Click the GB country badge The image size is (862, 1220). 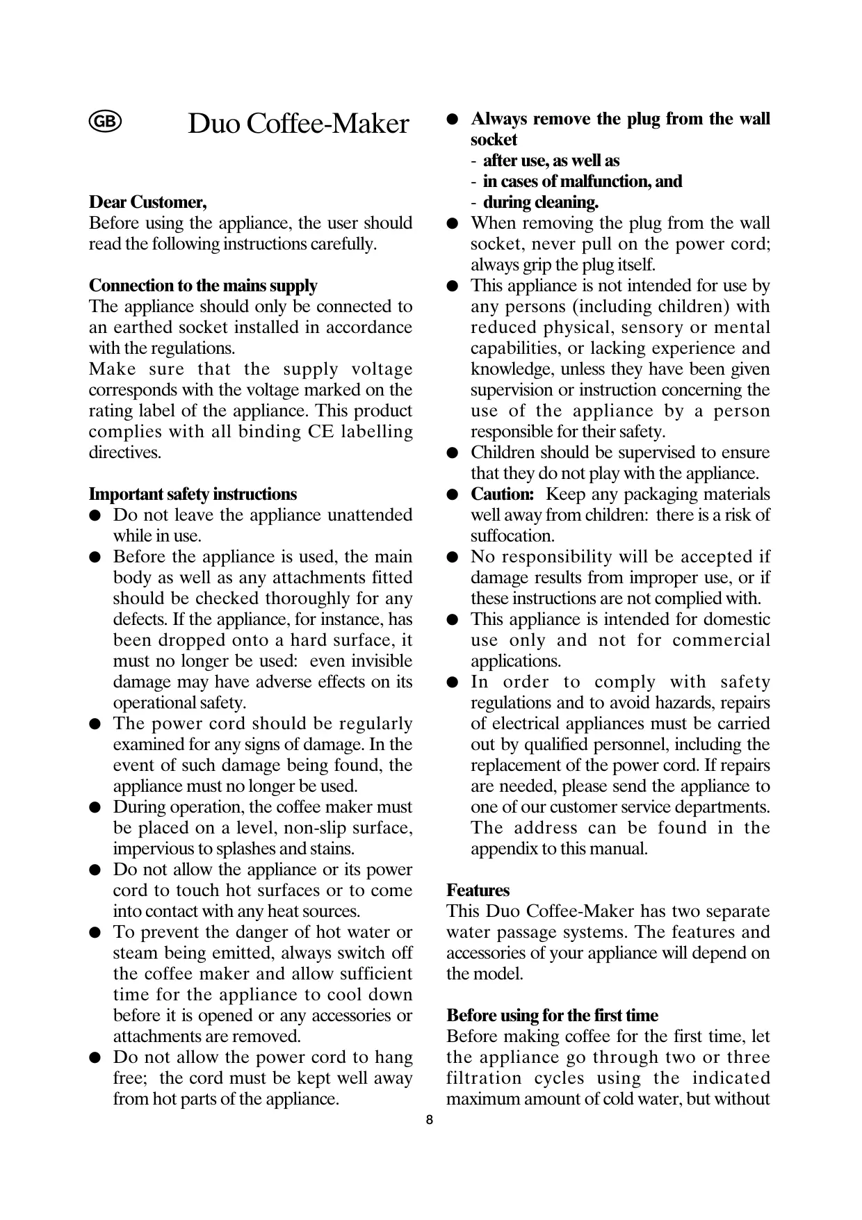pos(105,122)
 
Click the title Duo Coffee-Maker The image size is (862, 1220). pos(298,124)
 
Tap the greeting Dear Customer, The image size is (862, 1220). pos(147,202)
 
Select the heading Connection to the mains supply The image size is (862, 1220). pos(203,286)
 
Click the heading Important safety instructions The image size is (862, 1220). pos(193,494)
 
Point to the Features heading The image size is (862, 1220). pos(478,890)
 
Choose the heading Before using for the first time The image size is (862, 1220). pos(552,1016)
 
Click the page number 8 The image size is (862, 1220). pos(430,1120)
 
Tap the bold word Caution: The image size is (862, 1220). pos(502,494)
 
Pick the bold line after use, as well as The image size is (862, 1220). pos(551,161)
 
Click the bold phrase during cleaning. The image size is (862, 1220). pos(540,202)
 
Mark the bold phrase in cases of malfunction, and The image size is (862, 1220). pos(582,181)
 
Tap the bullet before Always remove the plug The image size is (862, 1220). pos(452,120)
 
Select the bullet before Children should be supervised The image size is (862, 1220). pos(452,453)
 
